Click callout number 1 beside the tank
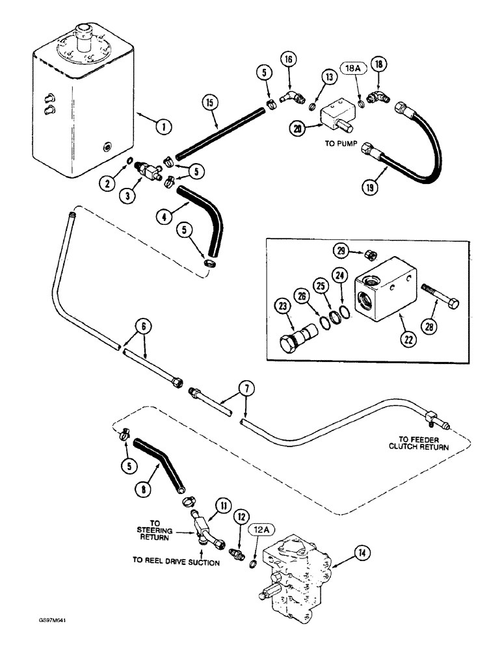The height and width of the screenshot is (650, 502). point(166,127)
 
